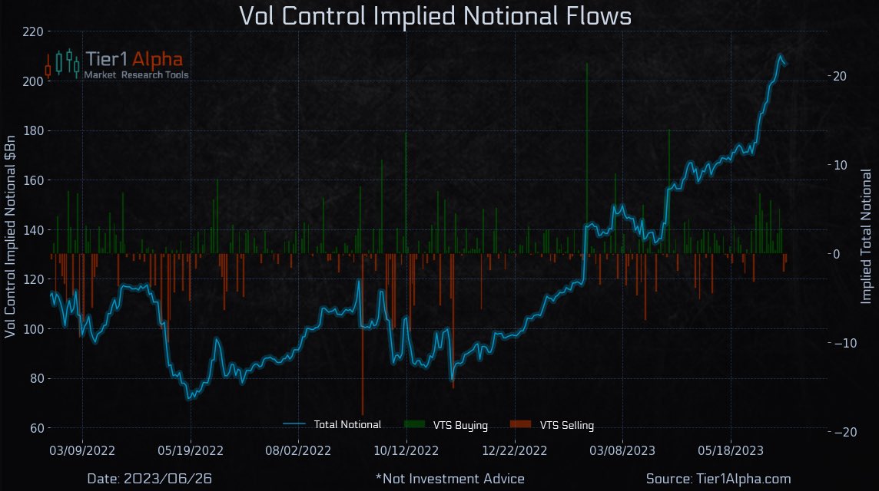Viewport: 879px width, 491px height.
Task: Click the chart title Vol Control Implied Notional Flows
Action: click(x=435, y=16)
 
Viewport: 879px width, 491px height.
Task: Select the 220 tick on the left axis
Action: click(x=34, y=31)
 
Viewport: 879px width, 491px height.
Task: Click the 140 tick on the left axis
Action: click(x=34, y=230)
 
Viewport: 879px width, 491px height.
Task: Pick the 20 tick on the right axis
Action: click(x=839, y=76)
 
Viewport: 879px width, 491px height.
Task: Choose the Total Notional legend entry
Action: click(x=332, y=425)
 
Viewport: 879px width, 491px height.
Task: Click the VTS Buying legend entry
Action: click(x=445, y=425)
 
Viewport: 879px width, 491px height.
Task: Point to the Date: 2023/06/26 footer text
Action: click(x=150, y=479)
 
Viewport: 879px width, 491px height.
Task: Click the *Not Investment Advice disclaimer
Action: click(x=449, y=479)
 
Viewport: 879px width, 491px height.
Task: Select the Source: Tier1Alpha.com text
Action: click(x=718, y=479)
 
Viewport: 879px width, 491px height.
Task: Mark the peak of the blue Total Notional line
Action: click(x=780, y=55)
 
